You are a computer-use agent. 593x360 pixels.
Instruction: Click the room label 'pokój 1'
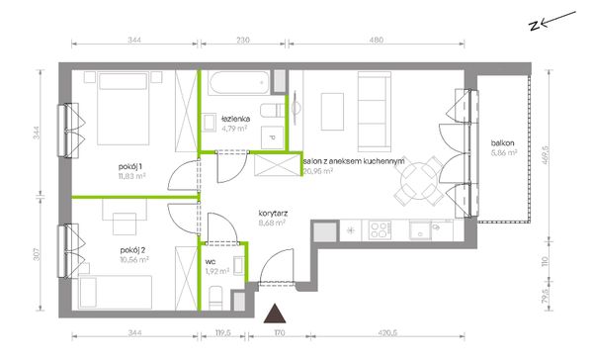(x=130, y=167)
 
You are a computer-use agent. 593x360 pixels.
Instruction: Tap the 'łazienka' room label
(x=236, y=119)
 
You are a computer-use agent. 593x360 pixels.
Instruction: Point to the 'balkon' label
(x=502, y=143)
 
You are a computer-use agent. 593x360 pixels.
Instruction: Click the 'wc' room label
(x=211, y=262)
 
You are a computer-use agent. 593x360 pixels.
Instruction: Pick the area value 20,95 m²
(x=318, y=171)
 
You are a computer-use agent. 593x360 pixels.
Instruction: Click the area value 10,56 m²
(x=134, y=260)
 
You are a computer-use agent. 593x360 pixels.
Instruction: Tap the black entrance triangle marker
(x=275, y=314)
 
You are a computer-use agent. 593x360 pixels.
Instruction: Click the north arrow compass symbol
(x=552, y=21)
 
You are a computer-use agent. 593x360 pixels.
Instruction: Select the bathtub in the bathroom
(x=239, y=82)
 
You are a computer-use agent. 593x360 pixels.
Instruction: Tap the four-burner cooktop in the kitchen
(x=380, y=230)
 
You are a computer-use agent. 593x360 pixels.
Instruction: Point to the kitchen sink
(x=420, y=230)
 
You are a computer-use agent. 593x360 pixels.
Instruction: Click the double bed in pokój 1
(x=123, y=109)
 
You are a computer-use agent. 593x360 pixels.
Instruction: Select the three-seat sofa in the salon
(x=375, y=112)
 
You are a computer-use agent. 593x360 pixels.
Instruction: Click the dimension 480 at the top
(x=377, y=40)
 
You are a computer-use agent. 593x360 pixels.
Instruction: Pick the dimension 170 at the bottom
(x=279, y=333)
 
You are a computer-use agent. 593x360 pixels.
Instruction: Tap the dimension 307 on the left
(x=37, y=254)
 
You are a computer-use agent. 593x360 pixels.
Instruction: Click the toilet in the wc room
(x=215, y=298)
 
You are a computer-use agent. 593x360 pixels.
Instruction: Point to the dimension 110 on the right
(x=545, y=261)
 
